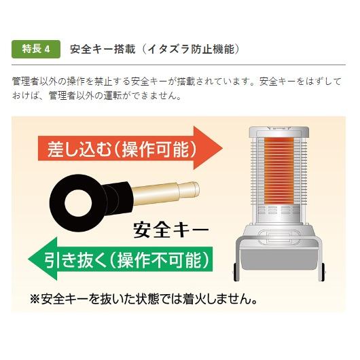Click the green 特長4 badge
(x=37, y=50)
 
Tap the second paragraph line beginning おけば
(x=95, y=96)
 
